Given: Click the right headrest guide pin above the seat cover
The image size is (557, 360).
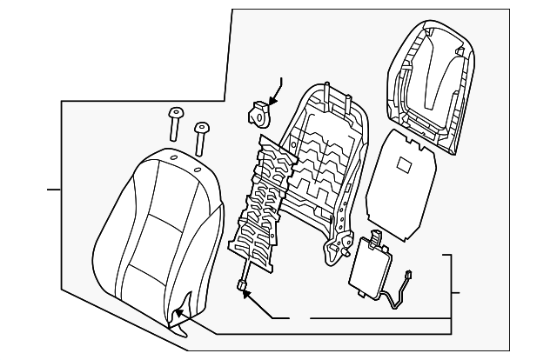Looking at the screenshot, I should pos(203,132).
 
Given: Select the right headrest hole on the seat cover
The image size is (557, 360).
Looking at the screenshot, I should pos(198,168).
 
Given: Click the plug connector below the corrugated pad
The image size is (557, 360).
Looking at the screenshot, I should pos(240,283).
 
